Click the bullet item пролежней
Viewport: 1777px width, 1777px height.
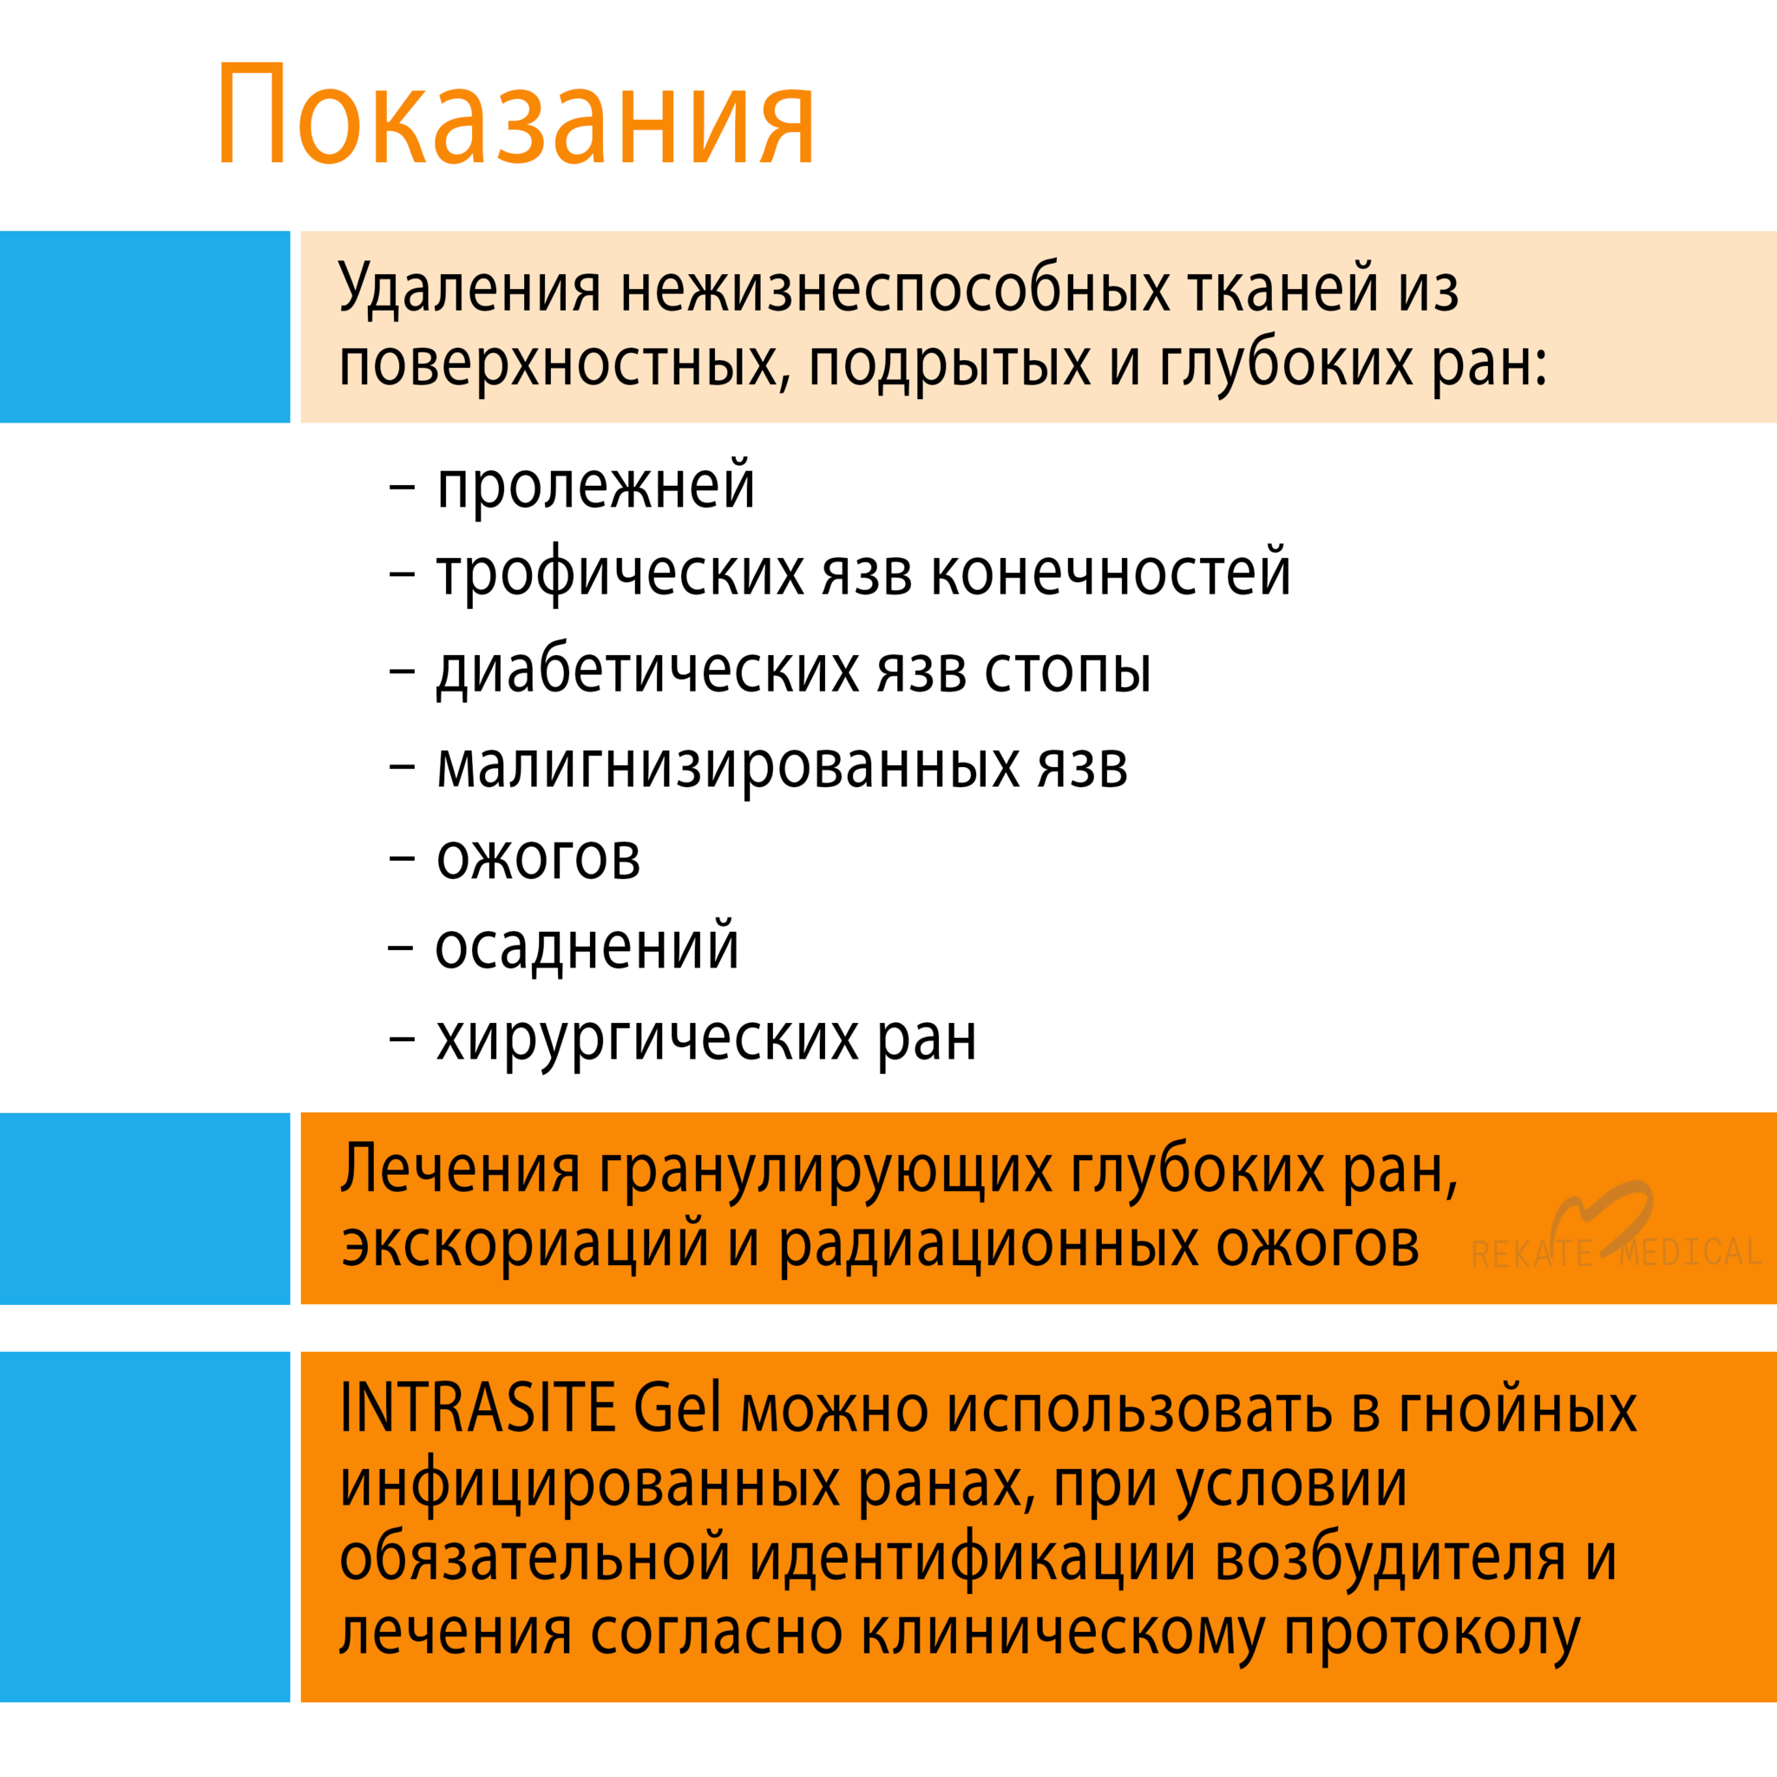tap(595, 486)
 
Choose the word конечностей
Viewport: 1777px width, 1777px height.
tap(1111, 573)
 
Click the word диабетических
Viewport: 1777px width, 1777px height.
tap(647, 670)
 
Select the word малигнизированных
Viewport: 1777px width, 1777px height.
tap(727, 766)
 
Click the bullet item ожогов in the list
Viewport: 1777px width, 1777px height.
tap(538, 857)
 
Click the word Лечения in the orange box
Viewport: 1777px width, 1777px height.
tap(460, 1170)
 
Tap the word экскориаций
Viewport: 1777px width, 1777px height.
tap(525, 1245)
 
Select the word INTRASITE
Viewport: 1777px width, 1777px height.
tap(477, 1407)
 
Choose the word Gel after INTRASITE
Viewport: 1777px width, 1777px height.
tap(677, 1407)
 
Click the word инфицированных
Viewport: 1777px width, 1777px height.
tap(589, 1485)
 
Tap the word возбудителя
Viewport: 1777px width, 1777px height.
tap(1390, 1560)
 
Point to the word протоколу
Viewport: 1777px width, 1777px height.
tap(1432, 1636)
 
